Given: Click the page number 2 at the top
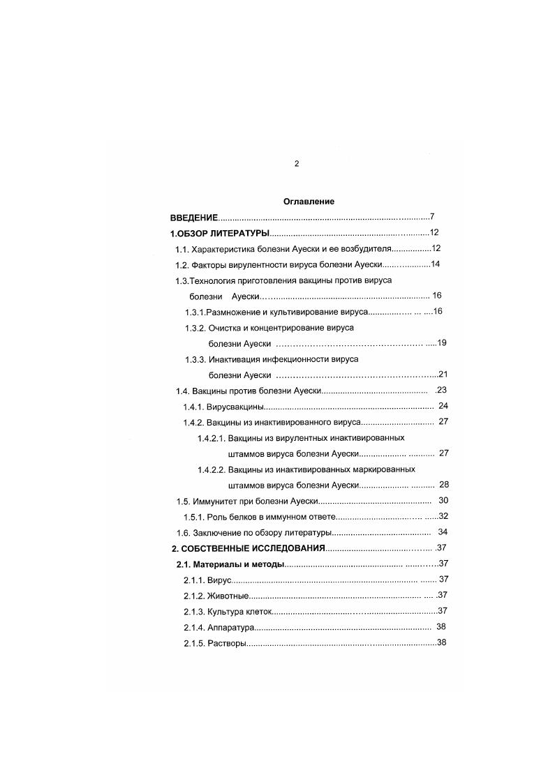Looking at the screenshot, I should coord(296,164).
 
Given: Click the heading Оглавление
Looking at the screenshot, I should coord(309,202).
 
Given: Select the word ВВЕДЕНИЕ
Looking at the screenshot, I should coord(194,218).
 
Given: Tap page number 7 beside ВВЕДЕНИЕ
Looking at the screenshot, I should coord(433,217).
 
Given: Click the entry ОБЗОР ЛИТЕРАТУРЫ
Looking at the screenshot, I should coord(223,233).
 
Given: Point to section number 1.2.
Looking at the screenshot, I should coord(182,265).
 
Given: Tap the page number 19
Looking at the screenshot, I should coord(441,344).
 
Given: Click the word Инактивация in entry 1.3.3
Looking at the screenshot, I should coord(235,359).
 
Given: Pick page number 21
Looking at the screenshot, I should coord(442,375).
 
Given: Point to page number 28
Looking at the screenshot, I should coord(443,485).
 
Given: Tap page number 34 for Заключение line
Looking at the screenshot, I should coord(443,532).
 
